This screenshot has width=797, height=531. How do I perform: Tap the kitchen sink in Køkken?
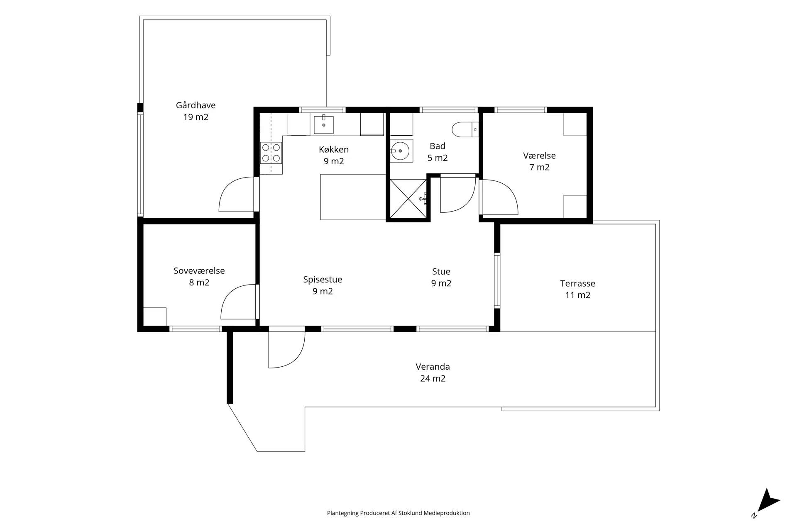click(x=324, y=124)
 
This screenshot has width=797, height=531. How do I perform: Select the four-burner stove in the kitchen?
click(x=271, y=153)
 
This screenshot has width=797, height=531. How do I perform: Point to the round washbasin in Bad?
click(x=401, y=151)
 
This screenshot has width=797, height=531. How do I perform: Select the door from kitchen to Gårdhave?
click(x=237, y=194)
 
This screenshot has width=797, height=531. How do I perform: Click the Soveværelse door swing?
click(x=238, y=302)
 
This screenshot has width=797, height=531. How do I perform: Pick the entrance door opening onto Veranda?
click(x=287, y=349)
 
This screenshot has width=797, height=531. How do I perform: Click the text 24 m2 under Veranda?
click(x=433, y=378)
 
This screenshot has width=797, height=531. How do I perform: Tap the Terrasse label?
click(x=577, y=283)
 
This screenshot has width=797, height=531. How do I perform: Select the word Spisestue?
click(x=323, y=280)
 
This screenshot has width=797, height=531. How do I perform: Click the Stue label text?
click(x=441, y=271)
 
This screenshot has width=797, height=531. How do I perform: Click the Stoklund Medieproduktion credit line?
click(x=398, y=513)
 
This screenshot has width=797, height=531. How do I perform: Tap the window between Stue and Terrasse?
click(x=497, y=280)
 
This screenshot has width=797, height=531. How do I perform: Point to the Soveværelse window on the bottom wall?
click(x=196, y=329)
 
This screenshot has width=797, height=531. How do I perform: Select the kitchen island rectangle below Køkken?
click(x=353, y=197)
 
